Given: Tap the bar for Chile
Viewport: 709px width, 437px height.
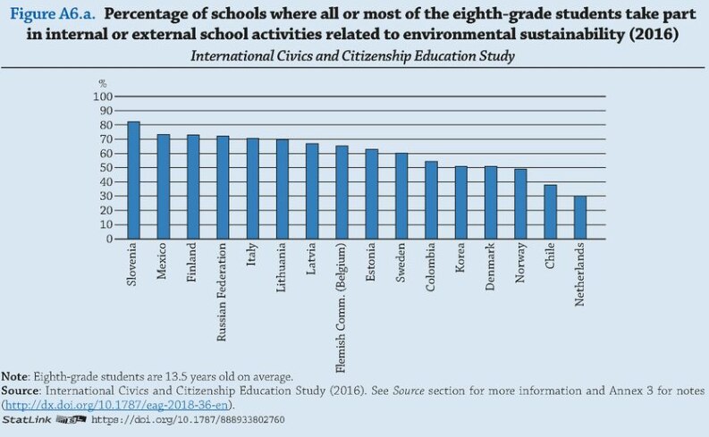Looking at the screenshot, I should [x=550, y=212].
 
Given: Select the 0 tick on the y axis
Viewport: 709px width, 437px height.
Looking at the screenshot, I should [x=108, y=239].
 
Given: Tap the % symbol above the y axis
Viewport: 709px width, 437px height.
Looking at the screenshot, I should [x=102, y=83].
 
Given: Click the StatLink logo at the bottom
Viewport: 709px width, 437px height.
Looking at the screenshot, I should [x=42, y=418].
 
